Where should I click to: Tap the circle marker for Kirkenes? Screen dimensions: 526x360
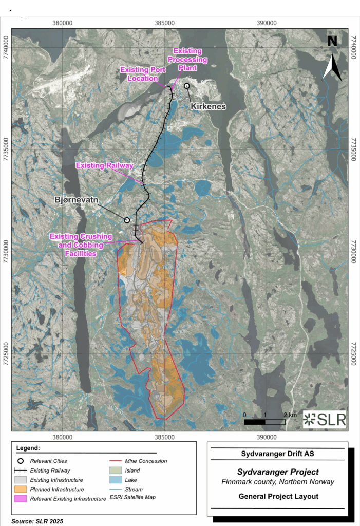187,86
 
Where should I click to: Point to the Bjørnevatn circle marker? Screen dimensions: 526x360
127,220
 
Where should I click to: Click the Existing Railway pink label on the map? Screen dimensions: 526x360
105,165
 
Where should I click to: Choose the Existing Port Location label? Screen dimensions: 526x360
139,74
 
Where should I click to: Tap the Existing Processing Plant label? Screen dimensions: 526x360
190,59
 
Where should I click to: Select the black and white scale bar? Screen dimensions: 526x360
264,422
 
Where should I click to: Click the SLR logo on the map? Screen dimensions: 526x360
325,419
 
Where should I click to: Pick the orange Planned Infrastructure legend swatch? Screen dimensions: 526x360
20,490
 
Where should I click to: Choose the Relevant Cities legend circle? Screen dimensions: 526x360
20,461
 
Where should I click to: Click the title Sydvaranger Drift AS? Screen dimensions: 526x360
277,454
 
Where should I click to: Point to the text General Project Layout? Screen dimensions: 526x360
278,496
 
